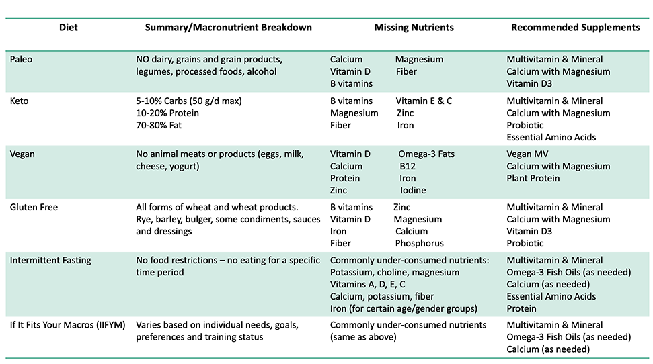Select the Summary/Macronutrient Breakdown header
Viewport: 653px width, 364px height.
tap(229, 28)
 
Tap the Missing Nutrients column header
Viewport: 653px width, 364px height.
tap(414, 28)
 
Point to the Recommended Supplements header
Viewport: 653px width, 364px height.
tap(575, 28)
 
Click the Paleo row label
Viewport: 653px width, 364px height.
tap(21, 59)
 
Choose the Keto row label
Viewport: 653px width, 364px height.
tap(19, 101)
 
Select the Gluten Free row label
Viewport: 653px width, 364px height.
tap(34, 207)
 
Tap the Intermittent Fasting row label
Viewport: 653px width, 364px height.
tap(50, 260)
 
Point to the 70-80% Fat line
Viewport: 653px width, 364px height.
tap(159, 125)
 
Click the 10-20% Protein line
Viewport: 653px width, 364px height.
tap(167, 113)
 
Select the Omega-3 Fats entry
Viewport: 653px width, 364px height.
tap(426, 154)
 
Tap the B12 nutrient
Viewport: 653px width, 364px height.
tap(408, 166)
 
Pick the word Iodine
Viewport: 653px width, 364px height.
tap(413, 190)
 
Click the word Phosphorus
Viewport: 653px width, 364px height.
tap(419, 243)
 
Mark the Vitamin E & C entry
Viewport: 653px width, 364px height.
tap(424, 101)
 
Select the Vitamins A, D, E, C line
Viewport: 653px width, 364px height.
tap(377, 284)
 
